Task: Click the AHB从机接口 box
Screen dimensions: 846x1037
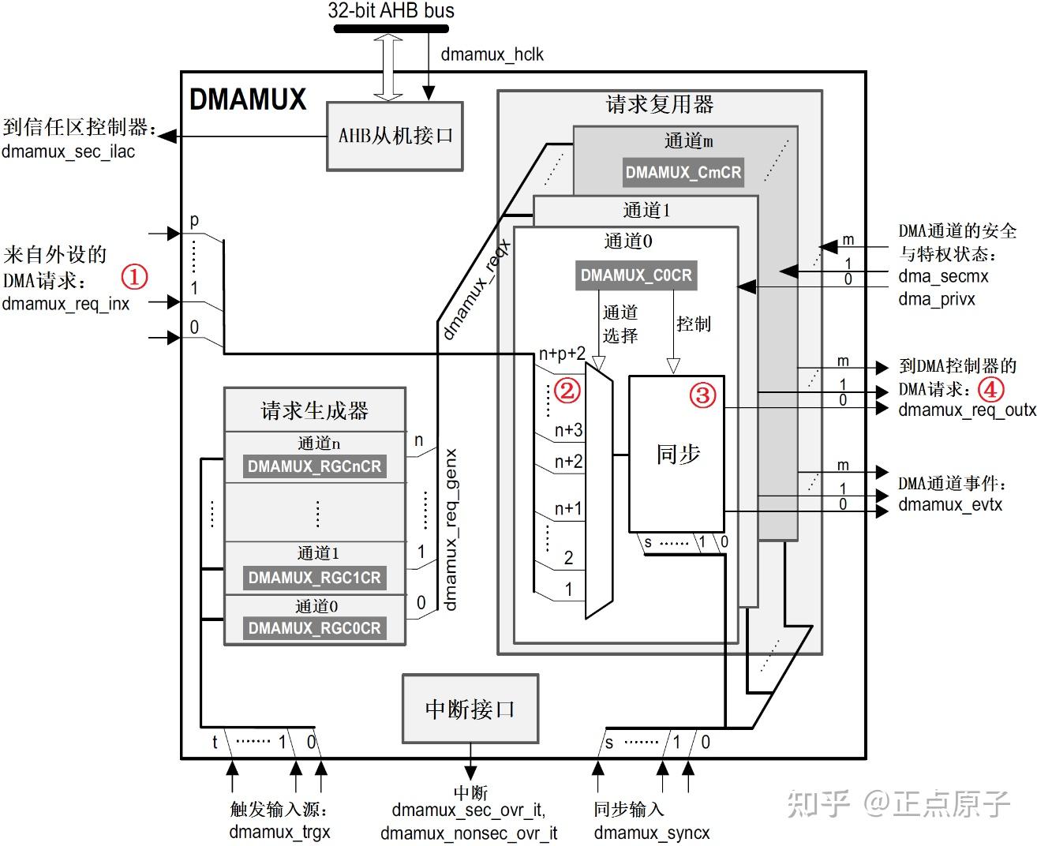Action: click(395, 136)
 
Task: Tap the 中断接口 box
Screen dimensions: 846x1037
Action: click(470, 709)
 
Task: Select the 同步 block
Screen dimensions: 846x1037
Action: click(676, 454)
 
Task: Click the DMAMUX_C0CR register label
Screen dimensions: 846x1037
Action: click(636, 275)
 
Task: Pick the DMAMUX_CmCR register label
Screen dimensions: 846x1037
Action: click(683, 172)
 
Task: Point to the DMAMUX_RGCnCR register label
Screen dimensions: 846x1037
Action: click(314, 466)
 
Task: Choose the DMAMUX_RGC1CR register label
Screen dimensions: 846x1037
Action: click(314, 578)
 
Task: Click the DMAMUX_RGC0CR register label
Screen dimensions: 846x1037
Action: click(314, 628)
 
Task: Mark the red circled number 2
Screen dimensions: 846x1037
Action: click(567, 390)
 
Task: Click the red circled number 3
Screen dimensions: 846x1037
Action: click(703, 395)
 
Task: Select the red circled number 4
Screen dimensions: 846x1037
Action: click(991, 389)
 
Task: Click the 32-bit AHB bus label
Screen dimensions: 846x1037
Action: click(391, 10)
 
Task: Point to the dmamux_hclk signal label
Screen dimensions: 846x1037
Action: click(492, 54)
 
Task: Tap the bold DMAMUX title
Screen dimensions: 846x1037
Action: click(248, 99)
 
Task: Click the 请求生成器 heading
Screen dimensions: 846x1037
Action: click(315, 410)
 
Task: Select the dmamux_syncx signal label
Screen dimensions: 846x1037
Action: click(652, 833)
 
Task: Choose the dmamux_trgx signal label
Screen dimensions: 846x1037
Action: click(279, 832)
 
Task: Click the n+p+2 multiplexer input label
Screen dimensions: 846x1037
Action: click(562, 354)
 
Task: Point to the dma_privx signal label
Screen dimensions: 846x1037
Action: click(937, 299)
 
